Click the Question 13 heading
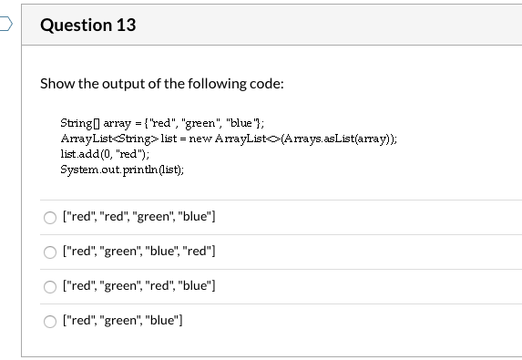87,25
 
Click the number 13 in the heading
125,25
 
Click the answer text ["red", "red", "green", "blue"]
138,217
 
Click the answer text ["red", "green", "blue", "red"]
138,252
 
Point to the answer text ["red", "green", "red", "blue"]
138,286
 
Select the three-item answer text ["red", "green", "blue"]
122,320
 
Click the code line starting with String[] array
149,121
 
